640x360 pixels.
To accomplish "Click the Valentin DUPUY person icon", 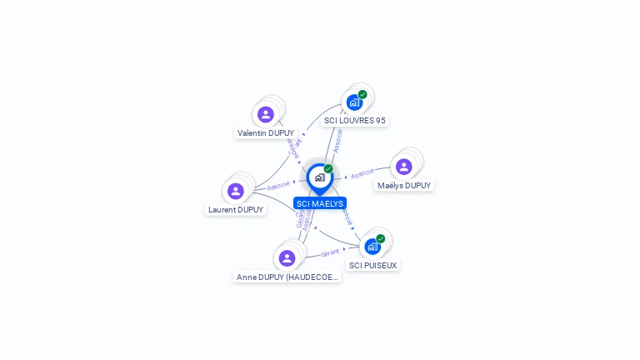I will pyautogui.click(x=266, y=114).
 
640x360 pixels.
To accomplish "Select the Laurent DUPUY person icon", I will pyautogui.click(x=236, y=192).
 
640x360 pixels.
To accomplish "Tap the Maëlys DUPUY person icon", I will pyautogui.click(x=404, y=167).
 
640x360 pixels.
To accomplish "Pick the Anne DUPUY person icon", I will pyautogui.click(x=287, y=258).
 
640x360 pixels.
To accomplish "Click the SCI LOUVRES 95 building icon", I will pyautogui.click(x=354, y=103).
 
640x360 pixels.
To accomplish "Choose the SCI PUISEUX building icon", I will pyautogui.click(x=372, y=247).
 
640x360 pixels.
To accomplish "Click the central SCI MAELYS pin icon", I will pyautogui.click(x=319, y=177).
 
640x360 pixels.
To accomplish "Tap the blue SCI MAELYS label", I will pyautogui.click(x=319, y=203).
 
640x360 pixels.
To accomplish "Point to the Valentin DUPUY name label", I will pyautogui.click(x=266, y=132).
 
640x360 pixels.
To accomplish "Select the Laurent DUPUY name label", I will pyautogui.click(x=237, y=210).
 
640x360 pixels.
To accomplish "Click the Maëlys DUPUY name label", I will pyautogui.click(x=404, y=185).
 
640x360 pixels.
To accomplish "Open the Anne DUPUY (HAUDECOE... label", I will pyautogui.click(x=287, y=277).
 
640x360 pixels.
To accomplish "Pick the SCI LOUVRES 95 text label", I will pyautogui.click(x=355, y=120).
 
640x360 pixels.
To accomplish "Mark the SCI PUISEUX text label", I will pyautogui.click(x=373, y=265).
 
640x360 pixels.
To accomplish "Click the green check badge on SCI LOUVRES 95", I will pyautogui.click(x=362, y=94).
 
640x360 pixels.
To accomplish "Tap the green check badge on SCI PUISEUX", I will pyautogui.click(x=381, y=238).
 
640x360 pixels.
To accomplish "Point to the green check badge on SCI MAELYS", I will pyautogui.click(x=328, y=168).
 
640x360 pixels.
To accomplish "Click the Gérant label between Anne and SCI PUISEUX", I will pyautogui.click(x=331, y=252).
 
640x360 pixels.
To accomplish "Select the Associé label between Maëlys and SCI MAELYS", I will pyautogui.click(x=362, y=174).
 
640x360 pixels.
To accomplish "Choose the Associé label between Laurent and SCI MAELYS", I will pyautogui.click(x=278, y=184).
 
